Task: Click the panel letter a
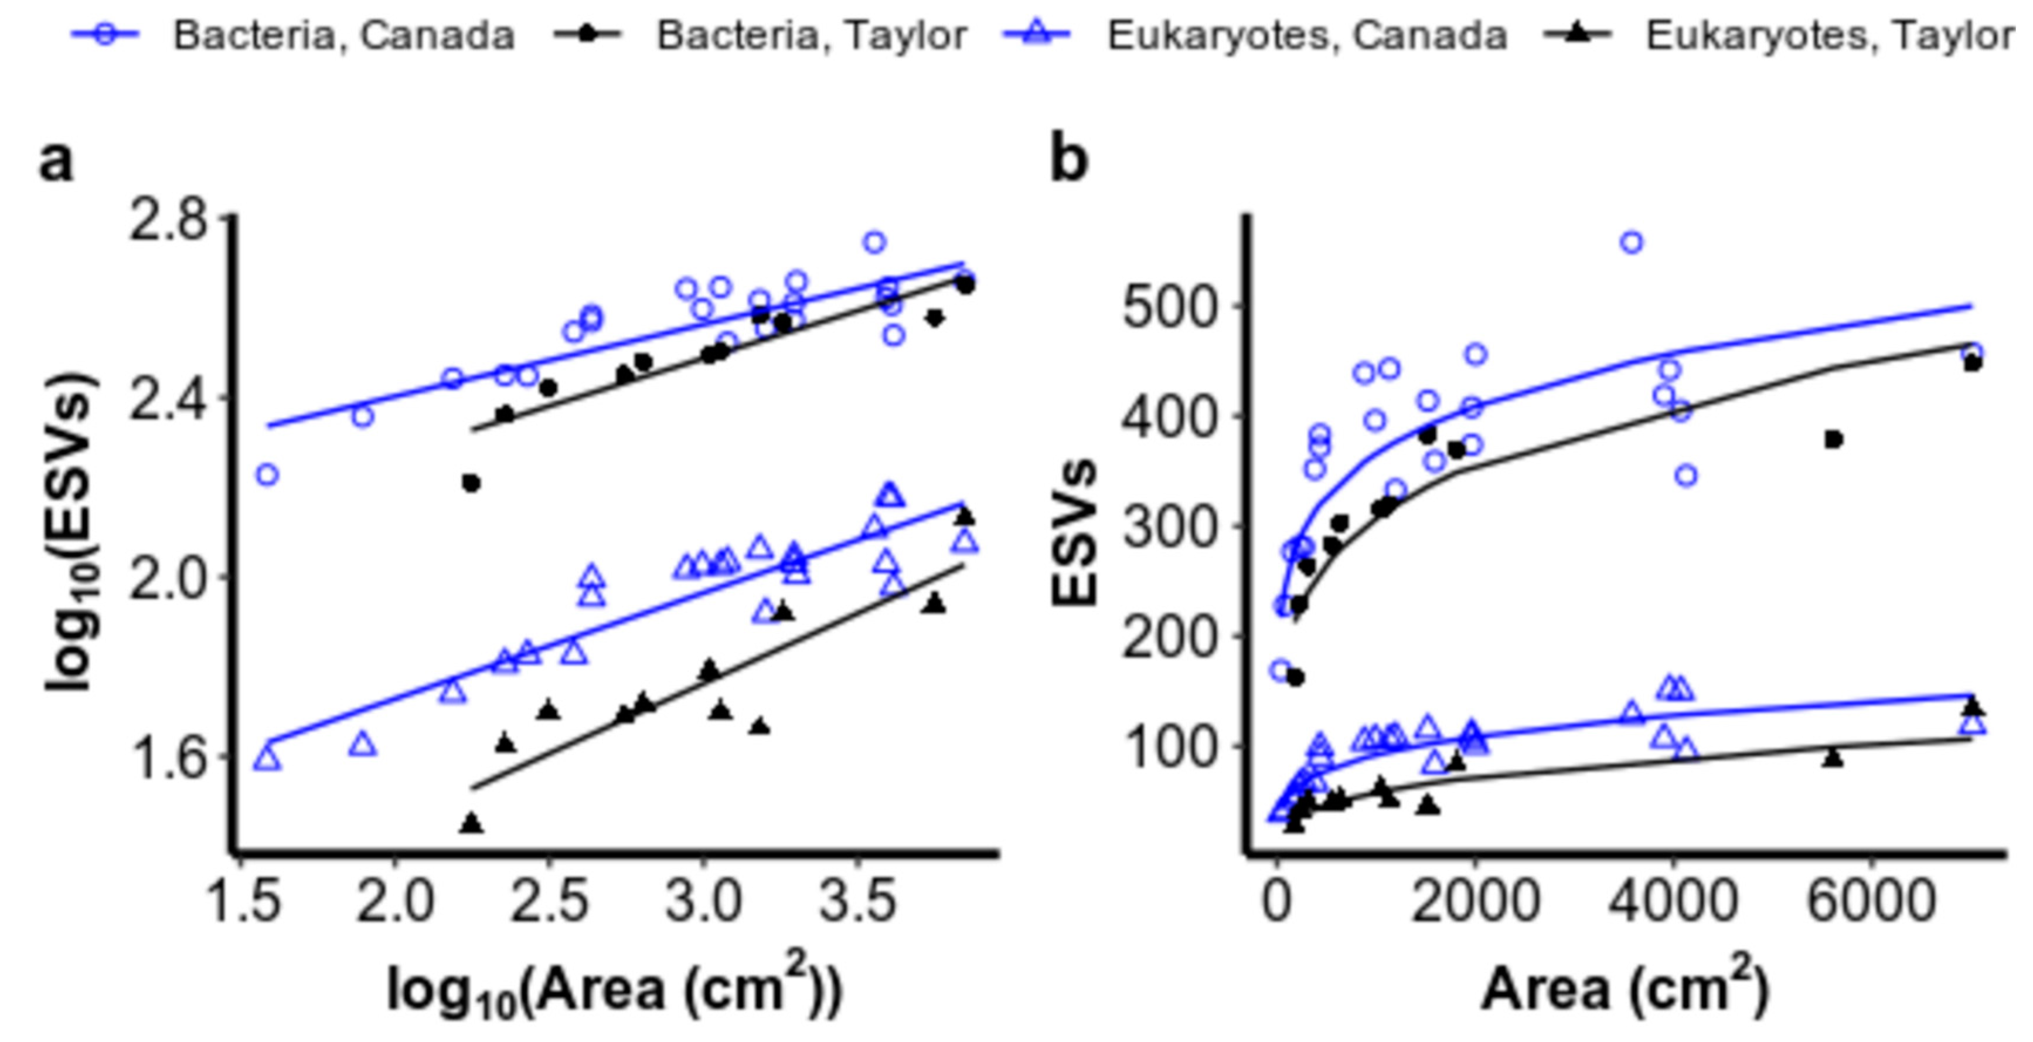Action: pyautogui.click(x=56, y=162)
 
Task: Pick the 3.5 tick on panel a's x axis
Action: pyautogui.click(x=858, y=901)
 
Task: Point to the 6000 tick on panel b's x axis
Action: pyautogui.click(x=1871, y=901)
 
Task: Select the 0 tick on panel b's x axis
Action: pyautogui.click(x=1277, y=901)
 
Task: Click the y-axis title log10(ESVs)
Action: pyautogui.click(x=73, y=533)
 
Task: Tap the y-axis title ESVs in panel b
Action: pyautogui.click(x=1075, y=533)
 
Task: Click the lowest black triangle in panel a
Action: pyautogui.click(x=472, y=823)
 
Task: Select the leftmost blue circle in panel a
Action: pyautogui.click(x=268, y=474)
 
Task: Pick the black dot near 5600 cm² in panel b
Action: pyautogui.click(x=1833, y=439)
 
